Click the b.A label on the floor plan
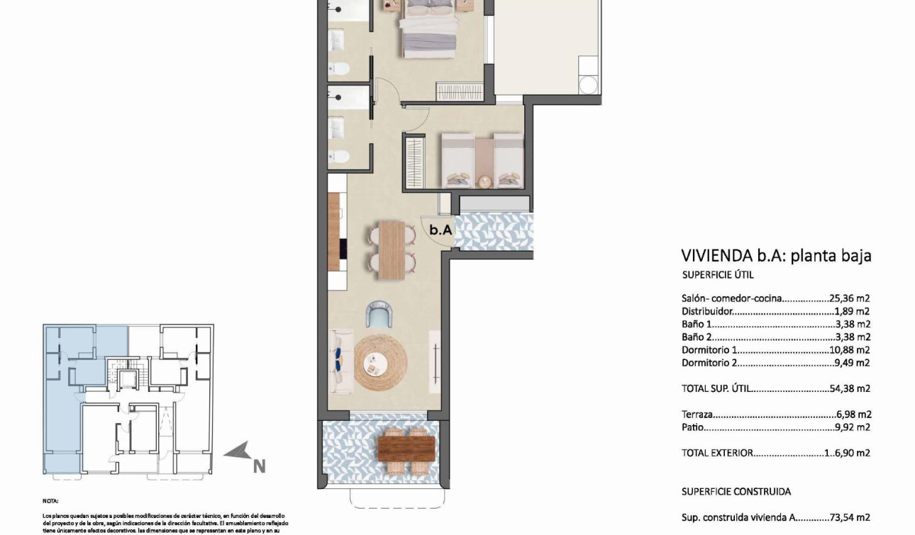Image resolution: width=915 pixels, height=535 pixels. pyautogui.click(x=440, y=230)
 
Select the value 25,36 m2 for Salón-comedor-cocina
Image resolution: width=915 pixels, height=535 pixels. pyautogui.click(x=849, y=298)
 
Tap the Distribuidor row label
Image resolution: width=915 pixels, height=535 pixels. pyautogui.click(x=706, y=311)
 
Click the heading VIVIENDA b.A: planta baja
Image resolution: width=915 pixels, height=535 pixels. pyautogui.click(x=776, y=255)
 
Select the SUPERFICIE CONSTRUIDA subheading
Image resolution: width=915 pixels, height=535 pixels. pyautogui.click(x=736, y=491)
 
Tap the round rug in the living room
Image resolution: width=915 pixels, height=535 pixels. pyautogui.click(x=380, y=363)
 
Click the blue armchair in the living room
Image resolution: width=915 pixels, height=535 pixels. pyautogui.click(x=379, y=315)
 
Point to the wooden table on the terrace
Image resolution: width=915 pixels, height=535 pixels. pyautogui.click(x=406, y=448)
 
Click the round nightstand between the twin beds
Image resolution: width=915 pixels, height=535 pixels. pyautogui.click(x=483, y=181)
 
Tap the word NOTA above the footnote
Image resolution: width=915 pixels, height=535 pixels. pyautogui.click(x=50, y=500)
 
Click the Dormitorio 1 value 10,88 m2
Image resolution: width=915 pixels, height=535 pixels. pyautogui.click(x=849, y=350)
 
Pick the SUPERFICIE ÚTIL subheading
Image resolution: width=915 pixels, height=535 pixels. pyautogui.click(x=717, y=275)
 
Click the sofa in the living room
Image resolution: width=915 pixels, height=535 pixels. pyautogui.click(x=342, y=361)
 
